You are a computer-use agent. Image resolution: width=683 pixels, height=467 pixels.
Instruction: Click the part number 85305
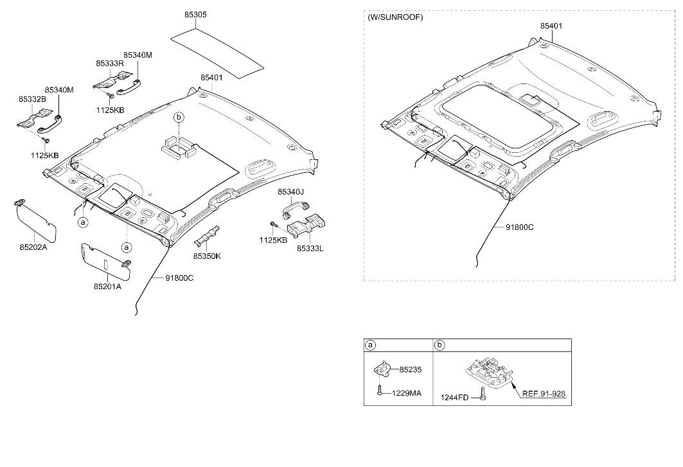pyautogui.click(x=195, y=15)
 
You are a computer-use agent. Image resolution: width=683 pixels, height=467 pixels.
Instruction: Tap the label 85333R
pyautogui.click(x=110, y=63)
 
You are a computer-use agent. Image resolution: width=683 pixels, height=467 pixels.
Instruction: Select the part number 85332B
pyautogui.click(x=32, y=100)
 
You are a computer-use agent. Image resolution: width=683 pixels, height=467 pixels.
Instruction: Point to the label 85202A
pyautogui.click(x=33, y=247)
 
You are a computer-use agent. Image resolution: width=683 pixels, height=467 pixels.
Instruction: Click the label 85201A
pyautogui.click(x=107, y=286)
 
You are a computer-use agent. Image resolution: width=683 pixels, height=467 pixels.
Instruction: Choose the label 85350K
pyautogui.click(x=207, y=256)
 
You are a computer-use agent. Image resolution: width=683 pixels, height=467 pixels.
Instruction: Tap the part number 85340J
pyautogui.click(x=291, y=191)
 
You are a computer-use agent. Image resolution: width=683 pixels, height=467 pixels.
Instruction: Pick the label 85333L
pyautogui.click(x=310, y=249)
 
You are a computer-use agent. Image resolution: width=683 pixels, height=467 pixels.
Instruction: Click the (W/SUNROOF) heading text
pyautogui.click(x=395, y=17)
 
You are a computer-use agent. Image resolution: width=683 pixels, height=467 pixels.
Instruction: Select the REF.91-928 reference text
pyautogui.click(x=544, y=394)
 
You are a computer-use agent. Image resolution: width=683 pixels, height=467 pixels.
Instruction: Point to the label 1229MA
pyautogui.click(x=407, y=393)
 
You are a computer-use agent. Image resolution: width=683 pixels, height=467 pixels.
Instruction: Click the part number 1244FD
pyautogui.click(x=454, y=397)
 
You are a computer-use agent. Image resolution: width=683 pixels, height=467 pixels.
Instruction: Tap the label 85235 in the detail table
pyautogui.click(x=411, y=370)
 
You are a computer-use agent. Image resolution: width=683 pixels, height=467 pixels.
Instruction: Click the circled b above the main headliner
pyautogui.click(x=179, y=117)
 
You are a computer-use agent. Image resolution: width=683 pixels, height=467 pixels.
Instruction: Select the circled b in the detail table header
pyautogui.click(x=439, y=346)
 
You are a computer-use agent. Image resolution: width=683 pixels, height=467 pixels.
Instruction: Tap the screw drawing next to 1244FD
pyautogui.click(x=482, y=393)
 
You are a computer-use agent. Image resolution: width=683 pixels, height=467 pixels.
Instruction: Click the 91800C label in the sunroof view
pyautogui.click(x=519, y=227)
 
